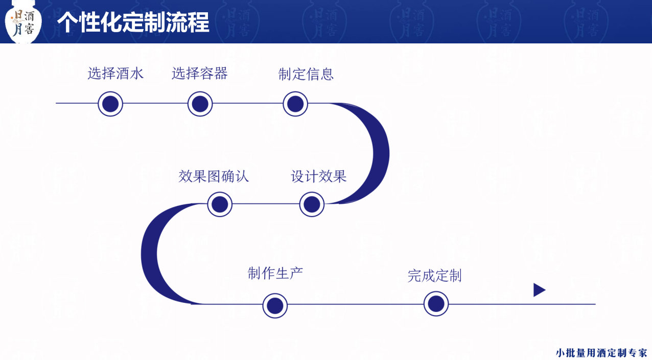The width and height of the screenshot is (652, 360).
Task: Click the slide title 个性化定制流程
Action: coord(133,22)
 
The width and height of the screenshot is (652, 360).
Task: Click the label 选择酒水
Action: coord(115,74)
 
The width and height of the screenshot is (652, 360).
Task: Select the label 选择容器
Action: coord(199,74)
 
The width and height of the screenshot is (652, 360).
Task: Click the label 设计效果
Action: coord(319,177)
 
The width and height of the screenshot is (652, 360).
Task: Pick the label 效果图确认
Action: coord(214,177)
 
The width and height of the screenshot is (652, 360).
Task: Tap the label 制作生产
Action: coord(275,274)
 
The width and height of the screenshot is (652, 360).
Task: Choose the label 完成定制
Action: coord(434,276)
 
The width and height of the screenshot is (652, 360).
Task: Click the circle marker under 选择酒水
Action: coord(110,104)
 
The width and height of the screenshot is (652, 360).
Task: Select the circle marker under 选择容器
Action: coord(200,104)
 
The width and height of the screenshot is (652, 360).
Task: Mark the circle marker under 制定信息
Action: coord(295,104)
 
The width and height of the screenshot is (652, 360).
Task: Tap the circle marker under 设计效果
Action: coord(312,204)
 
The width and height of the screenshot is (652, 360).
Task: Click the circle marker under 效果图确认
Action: coord(220,204)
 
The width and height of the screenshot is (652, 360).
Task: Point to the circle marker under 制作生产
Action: coord(275,306)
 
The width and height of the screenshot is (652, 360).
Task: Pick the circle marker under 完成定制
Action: coord(436,304)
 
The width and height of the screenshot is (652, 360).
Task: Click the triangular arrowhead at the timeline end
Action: coord(539,290)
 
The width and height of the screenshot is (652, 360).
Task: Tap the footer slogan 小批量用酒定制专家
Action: coord(601,353)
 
